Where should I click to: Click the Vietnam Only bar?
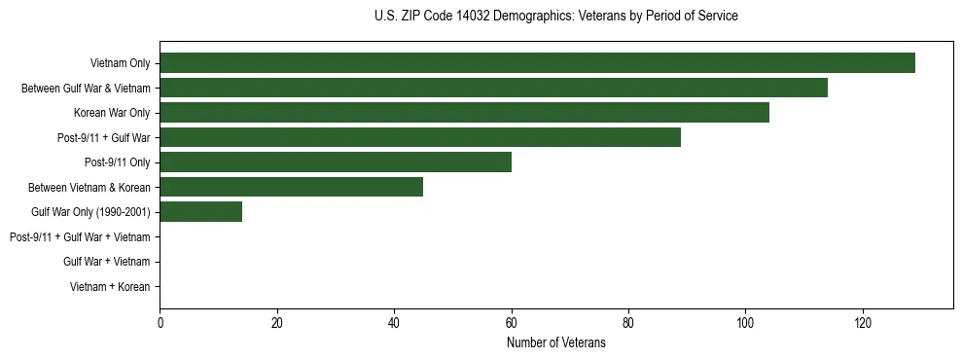537,63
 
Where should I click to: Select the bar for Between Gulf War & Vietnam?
493,88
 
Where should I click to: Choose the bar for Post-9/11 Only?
336,162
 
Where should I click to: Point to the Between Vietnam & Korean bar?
291,187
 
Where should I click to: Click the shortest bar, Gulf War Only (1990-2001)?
200,212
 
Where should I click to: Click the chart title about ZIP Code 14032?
555,17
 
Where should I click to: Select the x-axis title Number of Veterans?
555,342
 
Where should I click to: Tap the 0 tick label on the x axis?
160,323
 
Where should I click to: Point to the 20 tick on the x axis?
277,323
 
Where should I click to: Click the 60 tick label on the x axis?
511,323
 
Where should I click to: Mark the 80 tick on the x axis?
628,323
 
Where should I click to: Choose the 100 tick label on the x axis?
745,323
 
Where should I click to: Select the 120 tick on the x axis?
862,323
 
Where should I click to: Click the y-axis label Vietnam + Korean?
110,287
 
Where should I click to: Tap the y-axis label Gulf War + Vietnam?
106,262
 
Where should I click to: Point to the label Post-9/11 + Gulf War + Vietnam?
80,237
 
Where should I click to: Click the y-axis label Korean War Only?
112,113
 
